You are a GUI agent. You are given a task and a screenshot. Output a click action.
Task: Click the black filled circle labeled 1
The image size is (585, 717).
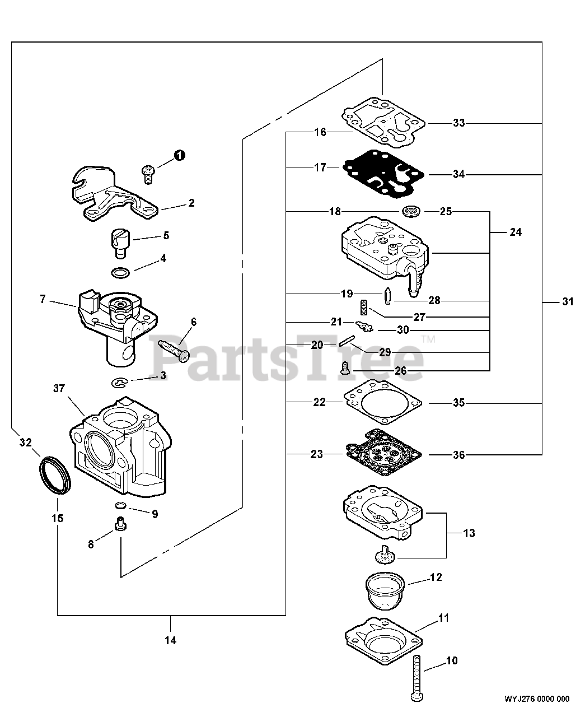click(179, 156)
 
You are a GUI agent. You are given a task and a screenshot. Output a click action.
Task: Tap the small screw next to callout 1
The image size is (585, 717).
click(148, 173)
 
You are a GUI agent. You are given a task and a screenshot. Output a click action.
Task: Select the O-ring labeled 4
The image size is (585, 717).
click(121, 273)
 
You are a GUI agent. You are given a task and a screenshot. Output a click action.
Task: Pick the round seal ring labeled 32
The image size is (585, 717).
click(55, 475)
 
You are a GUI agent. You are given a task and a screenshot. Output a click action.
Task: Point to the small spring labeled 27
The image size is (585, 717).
click(363, 307)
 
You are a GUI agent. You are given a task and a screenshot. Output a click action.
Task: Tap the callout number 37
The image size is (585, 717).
click(60, 388)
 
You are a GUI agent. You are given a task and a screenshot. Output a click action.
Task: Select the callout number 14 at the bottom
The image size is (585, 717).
click(171, 640)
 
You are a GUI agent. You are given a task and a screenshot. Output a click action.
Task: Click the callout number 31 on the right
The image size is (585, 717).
click(568, 302)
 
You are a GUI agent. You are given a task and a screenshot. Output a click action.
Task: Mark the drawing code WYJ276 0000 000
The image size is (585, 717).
click(537, 699)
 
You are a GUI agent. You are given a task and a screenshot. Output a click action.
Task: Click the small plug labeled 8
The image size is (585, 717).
click(119, 525)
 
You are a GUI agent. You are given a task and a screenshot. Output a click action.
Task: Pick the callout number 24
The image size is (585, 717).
click(515, 231)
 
